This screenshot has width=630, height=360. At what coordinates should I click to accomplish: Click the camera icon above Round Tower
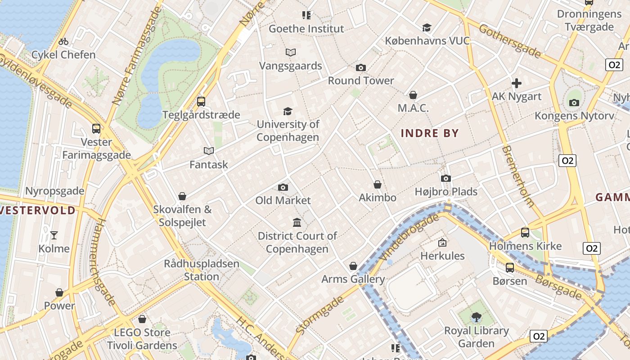tap(360, 68)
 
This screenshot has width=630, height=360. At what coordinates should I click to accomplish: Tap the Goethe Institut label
tap(306, 29)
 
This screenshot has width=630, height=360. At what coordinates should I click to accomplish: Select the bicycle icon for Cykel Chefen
tap(63, 42)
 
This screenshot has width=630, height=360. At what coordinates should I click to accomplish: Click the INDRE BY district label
tap(429, 133)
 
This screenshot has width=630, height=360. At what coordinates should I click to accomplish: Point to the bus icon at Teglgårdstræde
tap(201, 102)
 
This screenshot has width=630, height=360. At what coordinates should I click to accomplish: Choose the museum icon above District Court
tap(297, 222)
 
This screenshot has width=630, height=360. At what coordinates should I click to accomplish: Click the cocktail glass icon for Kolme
tap(54, 235)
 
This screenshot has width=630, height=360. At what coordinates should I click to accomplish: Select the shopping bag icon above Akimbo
tap(378, 184)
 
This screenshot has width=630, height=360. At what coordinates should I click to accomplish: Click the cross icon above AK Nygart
tap(517, 83)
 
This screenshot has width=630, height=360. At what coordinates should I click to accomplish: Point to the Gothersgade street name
tap(509, 41)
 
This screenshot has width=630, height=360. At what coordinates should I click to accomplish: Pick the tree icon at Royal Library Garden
tap(476, 317)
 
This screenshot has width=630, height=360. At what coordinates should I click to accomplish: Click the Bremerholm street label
tap(518, 176)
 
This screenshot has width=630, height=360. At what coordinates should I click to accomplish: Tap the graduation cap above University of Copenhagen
tap(288, 111)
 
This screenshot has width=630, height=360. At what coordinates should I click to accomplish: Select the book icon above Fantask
tap(208, 151)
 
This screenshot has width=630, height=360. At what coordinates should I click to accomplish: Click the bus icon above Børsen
tap(510, 268)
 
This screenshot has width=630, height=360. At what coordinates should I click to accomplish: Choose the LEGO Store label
tap(142, 333)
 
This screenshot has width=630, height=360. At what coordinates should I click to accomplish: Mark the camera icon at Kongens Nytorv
tap(574, 103)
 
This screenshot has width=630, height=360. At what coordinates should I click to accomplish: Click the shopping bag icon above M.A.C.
tap(413, 95)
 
